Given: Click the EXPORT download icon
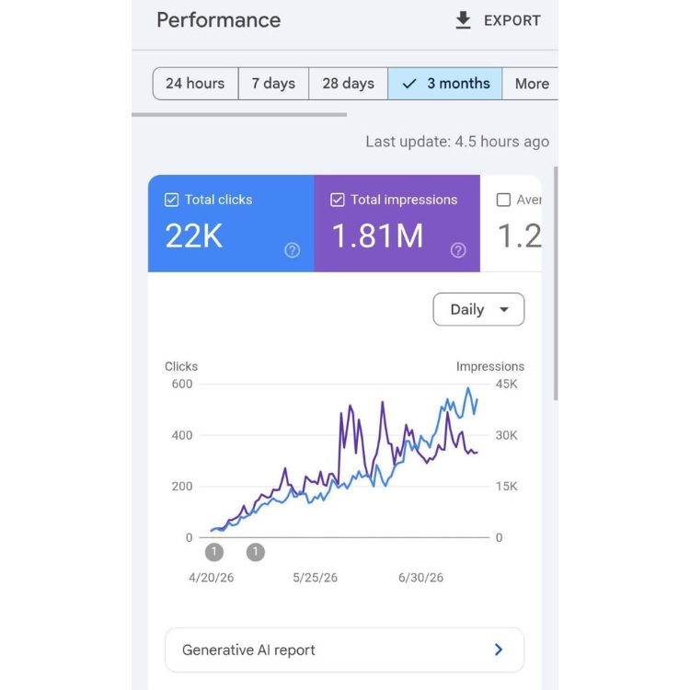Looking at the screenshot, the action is click(463, 20).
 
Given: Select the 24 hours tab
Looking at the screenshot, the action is click(195, 84).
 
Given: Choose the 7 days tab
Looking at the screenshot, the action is click(273, 84).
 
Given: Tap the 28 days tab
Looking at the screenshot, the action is click(348, 84).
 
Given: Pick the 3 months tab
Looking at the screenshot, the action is click(445, 84).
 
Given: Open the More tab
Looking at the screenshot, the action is click(530, 84).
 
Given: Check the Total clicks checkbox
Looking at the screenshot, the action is click(172, 200).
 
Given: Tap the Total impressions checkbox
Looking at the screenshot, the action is click(338, 200).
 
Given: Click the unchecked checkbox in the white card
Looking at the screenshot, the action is click(503, 200).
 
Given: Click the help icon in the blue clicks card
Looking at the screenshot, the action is click(293, 250).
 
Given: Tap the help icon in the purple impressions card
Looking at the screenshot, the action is click(458, 250).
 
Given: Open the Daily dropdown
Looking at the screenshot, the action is click(478, 309).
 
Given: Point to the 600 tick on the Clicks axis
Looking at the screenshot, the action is click(182, 385).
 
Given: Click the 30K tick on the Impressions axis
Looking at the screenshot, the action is click(507, 435).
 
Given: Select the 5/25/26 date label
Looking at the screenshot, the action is click(315, 578).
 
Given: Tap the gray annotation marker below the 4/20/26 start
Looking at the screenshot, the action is click(214, 552).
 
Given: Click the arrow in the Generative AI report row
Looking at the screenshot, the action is click(498, 650).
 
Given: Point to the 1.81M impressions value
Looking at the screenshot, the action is click(377, 236).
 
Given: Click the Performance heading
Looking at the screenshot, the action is click(219, 20).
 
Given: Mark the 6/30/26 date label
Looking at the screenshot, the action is click(420, 578).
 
